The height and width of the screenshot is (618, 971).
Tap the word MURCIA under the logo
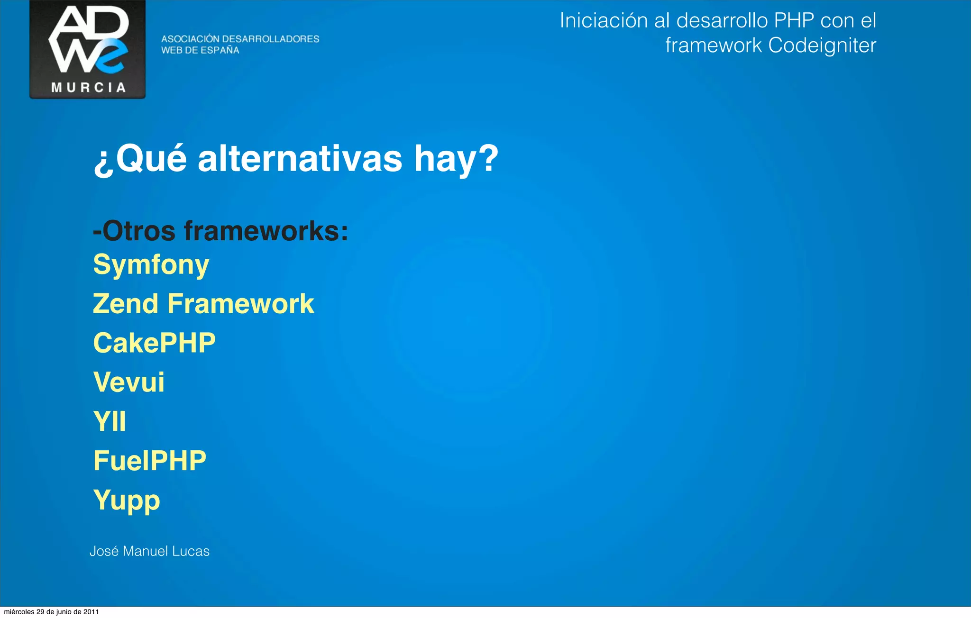pos(88,88)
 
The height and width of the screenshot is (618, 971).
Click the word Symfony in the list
pos(151,264)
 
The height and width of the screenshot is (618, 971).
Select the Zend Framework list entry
pos(203,304)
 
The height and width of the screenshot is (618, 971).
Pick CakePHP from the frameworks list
pos(155,343)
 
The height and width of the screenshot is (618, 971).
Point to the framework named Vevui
pos(129,382)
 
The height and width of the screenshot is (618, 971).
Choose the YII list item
pos(110,421)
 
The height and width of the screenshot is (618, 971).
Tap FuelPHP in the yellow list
pos(150,461)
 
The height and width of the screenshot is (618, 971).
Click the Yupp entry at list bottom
pos(127,500)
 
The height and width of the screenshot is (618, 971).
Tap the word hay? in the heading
pos(456,159)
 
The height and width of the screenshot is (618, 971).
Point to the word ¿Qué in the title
pos(140,159)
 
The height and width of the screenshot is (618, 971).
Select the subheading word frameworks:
pos(266,231)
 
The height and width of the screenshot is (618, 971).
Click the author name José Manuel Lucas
pos(149,551)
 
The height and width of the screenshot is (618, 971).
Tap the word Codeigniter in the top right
pos(822,46)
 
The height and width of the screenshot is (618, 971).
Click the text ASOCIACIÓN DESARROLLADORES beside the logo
pos(240,39)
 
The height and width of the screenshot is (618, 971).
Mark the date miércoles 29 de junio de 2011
pos(51,612)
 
